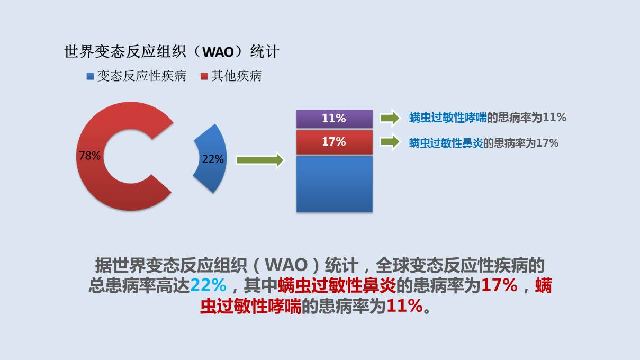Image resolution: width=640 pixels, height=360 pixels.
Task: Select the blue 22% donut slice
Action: tap(212, 159)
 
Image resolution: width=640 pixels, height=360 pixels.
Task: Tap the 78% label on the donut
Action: tap(89, 156)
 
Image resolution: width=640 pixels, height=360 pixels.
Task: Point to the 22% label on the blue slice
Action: tap(213, 159)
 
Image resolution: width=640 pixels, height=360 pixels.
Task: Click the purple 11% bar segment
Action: tap(334, 119)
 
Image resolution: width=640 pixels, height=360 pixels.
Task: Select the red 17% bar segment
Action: tap(334, 142)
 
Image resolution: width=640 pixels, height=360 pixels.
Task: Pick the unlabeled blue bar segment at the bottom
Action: tap(334, 184)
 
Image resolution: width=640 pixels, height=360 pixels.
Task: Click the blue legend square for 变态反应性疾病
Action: tap(90, 77)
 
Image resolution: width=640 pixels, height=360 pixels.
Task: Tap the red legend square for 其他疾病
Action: tap(204, 77)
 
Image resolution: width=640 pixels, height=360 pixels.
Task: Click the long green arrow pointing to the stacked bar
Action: tap(260, 160)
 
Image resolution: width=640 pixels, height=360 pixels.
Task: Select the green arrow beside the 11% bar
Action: tap(390, 118)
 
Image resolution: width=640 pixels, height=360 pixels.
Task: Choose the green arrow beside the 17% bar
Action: tap(390, 142)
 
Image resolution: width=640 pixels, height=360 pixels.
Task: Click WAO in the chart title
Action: tap(218, 52)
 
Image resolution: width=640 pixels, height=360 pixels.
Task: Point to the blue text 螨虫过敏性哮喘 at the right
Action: tap(448, 118)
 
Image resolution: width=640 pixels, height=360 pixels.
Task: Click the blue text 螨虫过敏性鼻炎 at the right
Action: tap(446, 143)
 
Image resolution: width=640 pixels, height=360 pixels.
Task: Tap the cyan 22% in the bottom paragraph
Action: tap(208, 285)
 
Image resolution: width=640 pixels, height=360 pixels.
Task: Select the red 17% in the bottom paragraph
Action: tap(499, 285)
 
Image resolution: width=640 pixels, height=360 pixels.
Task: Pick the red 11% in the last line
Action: tap(404, 306)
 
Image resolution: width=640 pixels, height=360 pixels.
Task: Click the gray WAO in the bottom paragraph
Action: tap(286, 265)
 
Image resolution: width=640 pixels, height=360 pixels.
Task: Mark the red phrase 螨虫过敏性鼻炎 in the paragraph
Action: tap(337, 285)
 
